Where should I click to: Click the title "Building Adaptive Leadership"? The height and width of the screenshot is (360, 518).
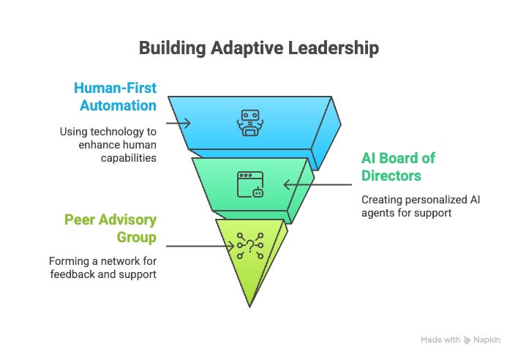tap(259, 49)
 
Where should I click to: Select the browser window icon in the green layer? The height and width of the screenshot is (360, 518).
tap(249, 184)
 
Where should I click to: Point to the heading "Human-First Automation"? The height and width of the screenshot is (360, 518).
tap(115, 97)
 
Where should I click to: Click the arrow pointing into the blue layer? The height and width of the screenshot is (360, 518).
tap(179, 123)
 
